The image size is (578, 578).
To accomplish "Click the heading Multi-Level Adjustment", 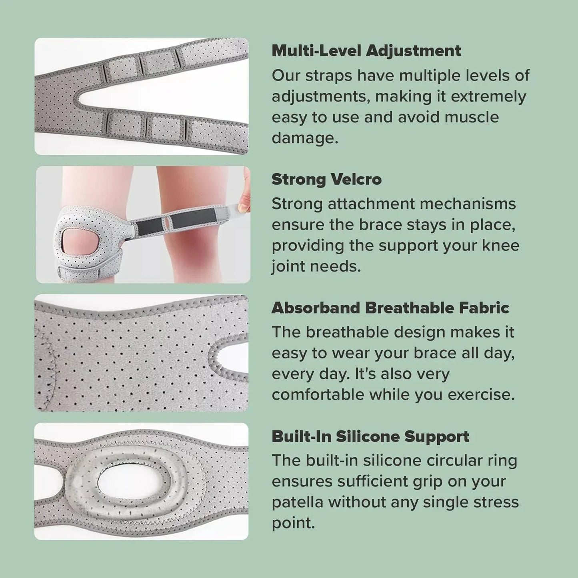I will (366, 51).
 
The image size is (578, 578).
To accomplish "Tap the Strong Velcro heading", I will (326, 180).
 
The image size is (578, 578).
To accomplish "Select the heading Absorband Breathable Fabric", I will (390, 308).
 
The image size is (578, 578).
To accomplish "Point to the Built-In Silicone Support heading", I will (370, 436).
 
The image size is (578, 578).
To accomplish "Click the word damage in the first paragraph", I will (304, 138).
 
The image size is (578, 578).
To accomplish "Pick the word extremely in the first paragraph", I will (488, 96).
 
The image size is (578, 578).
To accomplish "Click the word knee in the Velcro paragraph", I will (501, 246).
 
